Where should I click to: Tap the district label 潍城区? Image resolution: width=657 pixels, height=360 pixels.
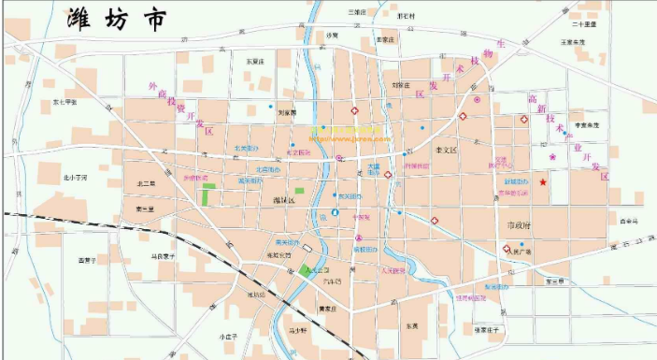point(283,200)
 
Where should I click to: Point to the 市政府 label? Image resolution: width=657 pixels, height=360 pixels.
point(517,225)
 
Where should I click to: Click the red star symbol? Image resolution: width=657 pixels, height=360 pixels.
point(544,182)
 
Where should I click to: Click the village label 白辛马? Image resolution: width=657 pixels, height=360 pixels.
point(627,221)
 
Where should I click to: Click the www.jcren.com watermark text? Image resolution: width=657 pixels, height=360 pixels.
point(349,137)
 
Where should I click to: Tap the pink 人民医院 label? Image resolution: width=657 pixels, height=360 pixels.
point(375,270)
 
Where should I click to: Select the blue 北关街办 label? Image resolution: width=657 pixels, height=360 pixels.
point(246,148)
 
